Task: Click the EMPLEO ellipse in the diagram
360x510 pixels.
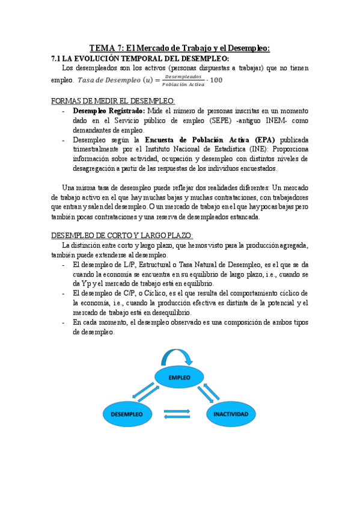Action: tap(180, 378)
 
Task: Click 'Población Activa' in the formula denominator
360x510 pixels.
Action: tap(183, 84)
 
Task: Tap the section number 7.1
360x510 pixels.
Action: tap(58, 58)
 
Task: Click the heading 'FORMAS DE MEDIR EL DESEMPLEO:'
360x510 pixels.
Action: tap(114, 100)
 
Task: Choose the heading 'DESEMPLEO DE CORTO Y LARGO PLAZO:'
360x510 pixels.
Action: tap(122, 235)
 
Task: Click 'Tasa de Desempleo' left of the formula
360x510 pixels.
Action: tap(108, 81)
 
